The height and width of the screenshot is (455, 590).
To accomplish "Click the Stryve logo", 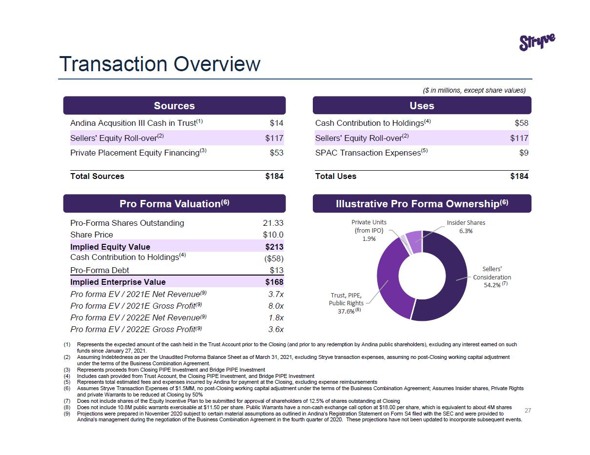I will (537, 42).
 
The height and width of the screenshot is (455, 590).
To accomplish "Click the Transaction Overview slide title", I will (160, 64).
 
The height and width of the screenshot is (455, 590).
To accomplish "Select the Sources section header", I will (174, 106).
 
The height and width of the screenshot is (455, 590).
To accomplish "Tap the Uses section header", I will (422, 106).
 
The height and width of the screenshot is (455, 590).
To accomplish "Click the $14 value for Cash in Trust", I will (276, 123).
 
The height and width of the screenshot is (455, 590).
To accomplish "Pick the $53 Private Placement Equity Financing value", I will (276, 153).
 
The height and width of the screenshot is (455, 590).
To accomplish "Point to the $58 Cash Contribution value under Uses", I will (521, 123).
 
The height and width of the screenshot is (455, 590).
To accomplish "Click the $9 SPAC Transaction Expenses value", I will (524, 153).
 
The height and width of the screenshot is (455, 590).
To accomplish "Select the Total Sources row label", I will (97, 177).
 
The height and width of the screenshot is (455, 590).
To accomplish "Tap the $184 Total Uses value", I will (519, 177).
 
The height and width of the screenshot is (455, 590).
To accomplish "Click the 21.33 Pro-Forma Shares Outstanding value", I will (273, 223).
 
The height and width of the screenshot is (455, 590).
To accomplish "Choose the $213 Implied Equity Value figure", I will (274, 247).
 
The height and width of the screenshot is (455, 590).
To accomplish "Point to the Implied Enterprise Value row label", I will (118, 282).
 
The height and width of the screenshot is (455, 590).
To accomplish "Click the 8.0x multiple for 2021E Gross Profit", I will (276, 306).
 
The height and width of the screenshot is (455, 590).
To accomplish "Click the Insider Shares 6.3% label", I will (466, 227).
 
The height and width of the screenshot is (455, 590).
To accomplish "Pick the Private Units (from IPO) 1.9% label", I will (368, 230).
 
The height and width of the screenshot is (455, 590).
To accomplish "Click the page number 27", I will (528, 411).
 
